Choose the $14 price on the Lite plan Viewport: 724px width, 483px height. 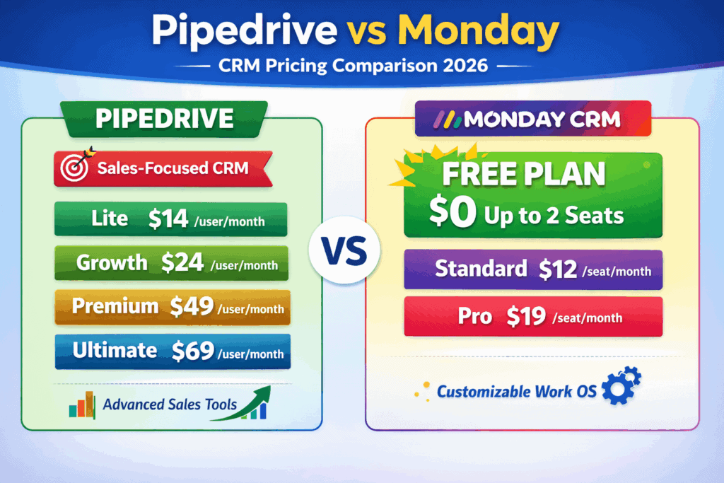click(169, 219)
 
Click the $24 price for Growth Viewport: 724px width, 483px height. click(183, 263)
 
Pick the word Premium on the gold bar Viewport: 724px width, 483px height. click(115, 306)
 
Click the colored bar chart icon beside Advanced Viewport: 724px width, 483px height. click(82, 406)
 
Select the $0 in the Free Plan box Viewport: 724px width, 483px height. click(453, 214)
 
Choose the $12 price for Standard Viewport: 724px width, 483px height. click(558, 269)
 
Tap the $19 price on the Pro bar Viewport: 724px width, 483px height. click(525, 316)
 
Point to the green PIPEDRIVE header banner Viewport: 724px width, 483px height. click(165, 118)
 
